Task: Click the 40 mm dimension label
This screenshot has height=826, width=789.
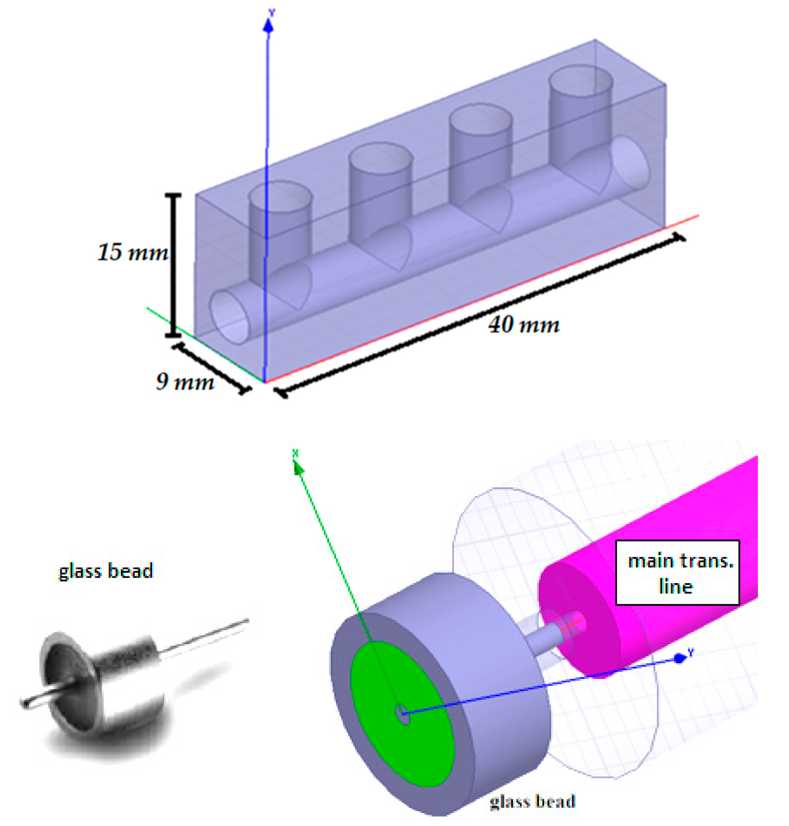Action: [x=524, y=325]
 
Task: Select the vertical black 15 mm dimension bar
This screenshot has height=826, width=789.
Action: [x=173, y=266]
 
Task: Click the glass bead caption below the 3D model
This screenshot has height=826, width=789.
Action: [x=532, y=801]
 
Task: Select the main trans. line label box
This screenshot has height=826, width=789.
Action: [x=677, y=573]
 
